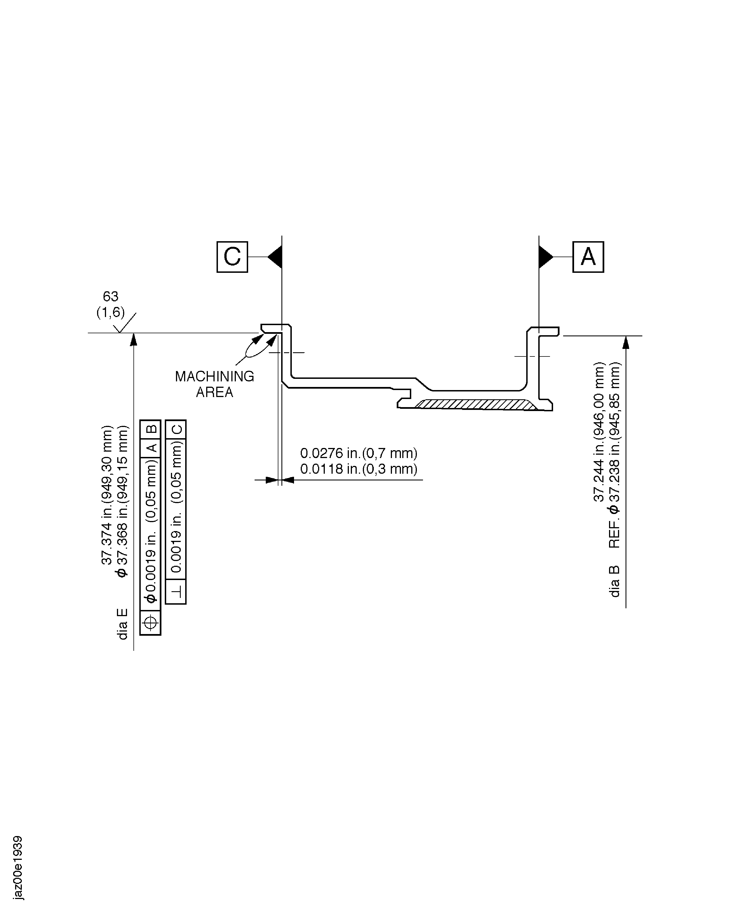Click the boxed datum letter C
(232, 257)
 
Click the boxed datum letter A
(588, 257)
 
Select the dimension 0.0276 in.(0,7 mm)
(358, 453)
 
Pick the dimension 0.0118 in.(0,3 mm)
(358, 469)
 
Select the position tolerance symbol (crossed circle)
(150, 622)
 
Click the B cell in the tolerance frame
(151, 429)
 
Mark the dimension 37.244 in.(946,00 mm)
(599, 432)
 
